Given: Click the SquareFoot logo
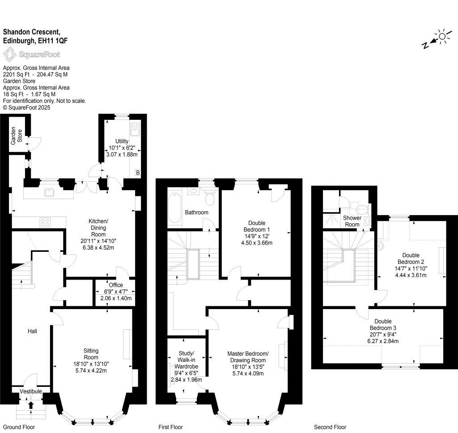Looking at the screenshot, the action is [x=32, y=54].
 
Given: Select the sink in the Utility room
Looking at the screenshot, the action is [x=135, y=129].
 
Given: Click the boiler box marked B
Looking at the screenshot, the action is [x=138, y=173].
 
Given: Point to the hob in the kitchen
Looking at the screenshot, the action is [x=45, y=222].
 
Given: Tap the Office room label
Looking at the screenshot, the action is [x=116, y=285].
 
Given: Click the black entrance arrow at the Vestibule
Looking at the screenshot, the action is [x=31, y=405].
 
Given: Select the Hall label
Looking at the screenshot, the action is [x=32, y=331].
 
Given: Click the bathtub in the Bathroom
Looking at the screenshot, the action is [x=175, y=208].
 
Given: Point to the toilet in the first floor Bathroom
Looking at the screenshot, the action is [x=209, y=197].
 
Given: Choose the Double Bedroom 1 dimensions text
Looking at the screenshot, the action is [x=257, y=239].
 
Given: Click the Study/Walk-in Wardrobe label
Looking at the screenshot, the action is [x=187, y=360].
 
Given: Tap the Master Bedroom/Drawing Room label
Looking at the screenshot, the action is [x=248, y=357].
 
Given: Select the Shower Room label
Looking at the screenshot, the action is [x=352, y=221].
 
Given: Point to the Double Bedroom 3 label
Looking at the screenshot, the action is [x=383, y=325].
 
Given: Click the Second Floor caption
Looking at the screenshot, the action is [x=330, y=427].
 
